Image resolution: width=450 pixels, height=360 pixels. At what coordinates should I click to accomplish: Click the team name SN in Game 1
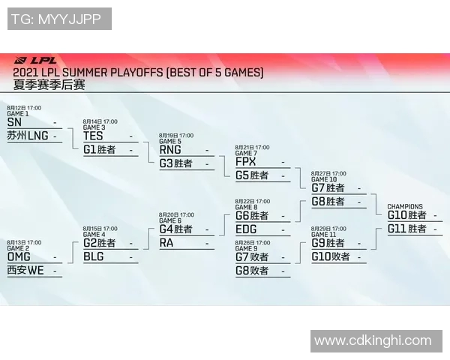pos(14,121)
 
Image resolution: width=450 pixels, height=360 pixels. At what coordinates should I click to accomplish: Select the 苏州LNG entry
pos(27,136)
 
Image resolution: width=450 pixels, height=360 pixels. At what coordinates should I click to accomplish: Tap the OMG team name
pos(19,256)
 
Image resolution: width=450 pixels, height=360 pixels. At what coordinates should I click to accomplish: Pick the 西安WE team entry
pos(25,271)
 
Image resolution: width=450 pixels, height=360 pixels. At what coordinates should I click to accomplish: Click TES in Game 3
pos(93,136)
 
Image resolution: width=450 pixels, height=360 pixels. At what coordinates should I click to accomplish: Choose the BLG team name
pos(93,256)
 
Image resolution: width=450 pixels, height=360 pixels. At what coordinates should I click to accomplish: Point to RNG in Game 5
pos(169,149)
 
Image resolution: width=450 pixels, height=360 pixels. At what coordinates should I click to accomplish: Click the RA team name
pos(166,243)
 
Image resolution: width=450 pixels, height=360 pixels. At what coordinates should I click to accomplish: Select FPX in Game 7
pos(245,162)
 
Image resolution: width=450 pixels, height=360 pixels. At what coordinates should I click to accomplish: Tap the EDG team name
pos(245,229)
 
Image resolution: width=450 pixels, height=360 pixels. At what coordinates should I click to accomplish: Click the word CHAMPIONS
pos(404,207)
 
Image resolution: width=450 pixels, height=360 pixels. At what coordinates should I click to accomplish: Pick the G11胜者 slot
pos(407,229)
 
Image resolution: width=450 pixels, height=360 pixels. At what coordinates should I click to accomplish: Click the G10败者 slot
pos(330,256)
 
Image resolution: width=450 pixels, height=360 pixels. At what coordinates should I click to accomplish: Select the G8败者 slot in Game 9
pos(252,271)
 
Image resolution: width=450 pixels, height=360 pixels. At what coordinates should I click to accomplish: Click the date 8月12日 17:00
pos(24,108)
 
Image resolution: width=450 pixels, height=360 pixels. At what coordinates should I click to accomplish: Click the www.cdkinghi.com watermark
pos(373,341)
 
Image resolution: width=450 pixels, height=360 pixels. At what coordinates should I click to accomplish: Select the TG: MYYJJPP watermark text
pos(58,19)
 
